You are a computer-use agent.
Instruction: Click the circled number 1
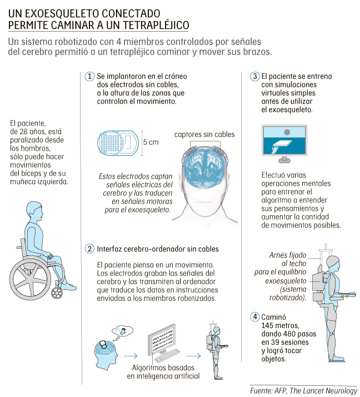tap(89, 77)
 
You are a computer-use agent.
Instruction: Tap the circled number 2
tap(89, 249)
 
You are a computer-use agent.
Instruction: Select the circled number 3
tap(255, 77)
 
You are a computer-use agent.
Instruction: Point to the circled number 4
tap(255, 317)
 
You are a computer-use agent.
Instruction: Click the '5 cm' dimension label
tap(151, 142)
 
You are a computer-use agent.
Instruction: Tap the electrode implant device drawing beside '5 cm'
tap(118, 143)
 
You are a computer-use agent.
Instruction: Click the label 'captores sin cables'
tap(204, 135)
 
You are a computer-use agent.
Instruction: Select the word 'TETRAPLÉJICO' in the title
tap(156, 25)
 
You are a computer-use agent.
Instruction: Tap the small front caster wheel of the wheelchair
tap(57, 293)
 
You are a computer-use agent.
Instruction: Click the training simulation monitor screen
tap(284, 141)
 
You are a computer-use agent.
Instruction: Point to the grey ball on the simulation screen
tap(287, 132)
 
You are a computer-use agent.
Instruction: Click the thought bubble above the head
tap(122, 331)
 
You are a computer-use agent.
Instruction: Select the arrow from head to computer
tap(131, 356)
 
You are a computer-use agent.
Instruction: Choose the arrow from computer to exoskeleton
tap(194, 356)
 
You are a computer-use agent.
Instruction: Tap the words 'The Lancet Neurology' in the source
tap(323, 391)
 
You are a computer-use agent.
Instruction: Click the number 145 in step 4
tap(268, 325)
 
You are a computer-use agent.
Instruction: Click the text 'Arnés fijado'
tap(288, 255)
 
